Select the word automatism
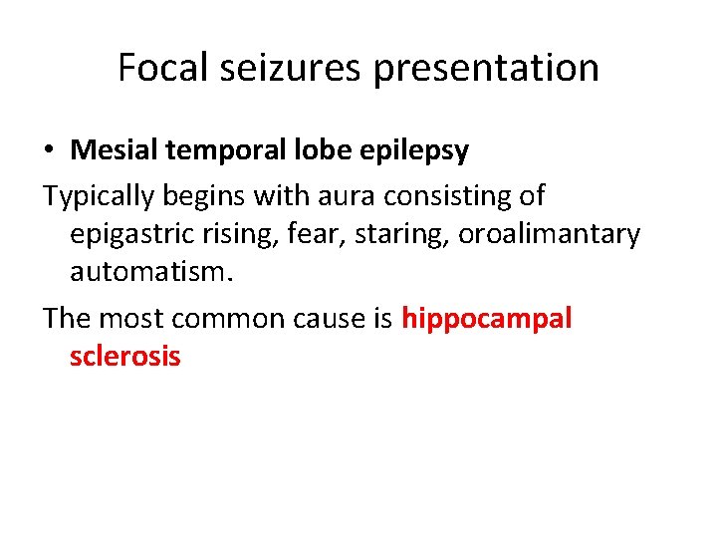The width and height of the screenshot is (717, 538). click(148, 274)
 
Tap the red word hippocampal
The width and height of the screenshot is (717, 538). click(487, 319)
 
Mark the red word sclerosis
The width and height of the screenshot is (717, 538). click(125, 356)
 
